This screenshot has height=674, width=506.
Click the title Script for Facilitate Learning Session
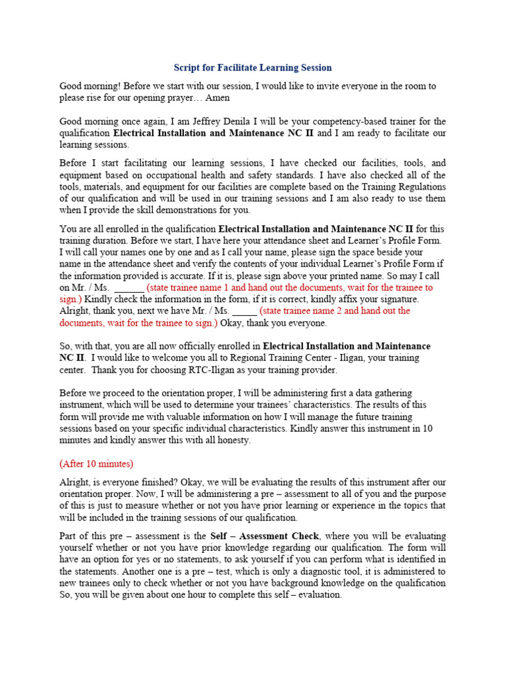point(252,68)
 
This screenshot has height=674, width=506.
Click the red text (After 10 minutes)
point(96,463)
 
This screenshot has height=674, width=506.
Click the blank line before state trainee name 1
point(129,288)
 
